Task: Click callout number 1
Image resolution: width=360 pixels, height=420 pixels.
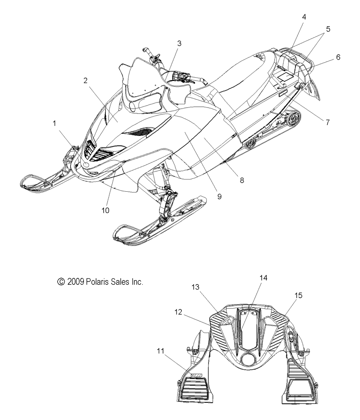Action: click(55, 123)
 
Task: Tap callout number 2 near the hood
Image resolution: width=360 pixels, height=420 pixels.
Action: click(85, 81)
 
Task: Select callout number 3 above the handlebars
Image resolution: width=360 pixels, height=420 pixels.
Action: click(179, 43)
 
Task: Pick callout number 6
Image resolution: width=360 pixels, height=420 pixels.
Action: click(338, 57)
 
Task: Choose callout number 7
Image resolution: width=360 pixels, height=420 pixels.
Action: click(328, 122)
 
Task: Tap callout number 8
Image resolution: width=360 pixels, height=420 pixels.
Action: click(242, 180)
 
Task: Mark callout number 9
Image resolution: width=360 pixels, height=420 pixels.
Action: click(219, 196)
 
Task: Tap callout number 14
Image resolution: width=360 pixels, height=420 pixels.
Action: click(264, 277)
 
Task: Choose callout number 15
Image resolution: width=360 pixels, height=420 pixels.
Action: click(298, 295)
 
